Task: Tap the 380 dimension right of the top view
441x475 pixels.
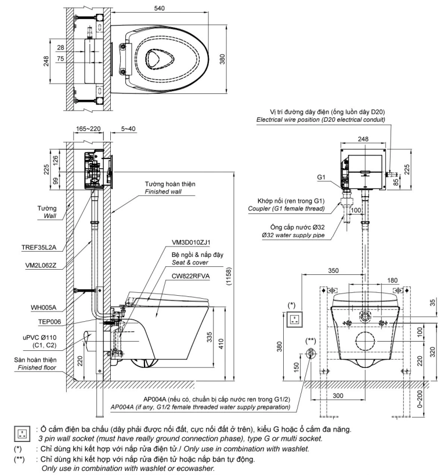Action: pyautogui.click(x=222, y=60)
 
